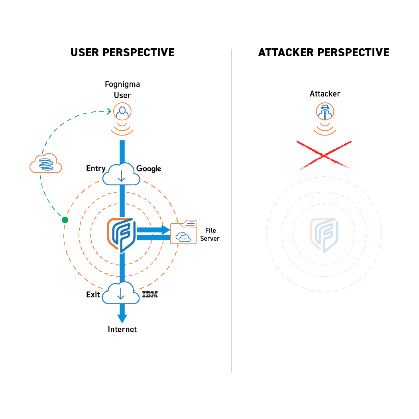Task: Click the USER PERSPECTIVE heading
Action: [122, 52]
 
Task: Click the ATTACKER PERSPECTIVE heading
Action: [324, 52]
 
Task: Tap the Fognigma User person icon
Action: [122, 112]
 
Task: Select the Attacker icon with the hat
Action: [325, 111]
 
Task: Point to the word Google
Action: [149, 169]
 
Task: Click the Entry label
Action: [96, 168]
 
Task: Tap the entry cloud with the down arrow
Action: [122, 175]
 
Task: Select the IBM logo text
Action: [150, 295]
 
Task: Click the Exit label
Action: [93, 295]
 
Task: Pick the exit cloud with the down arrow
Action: [121, 294]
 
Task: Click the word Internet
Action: [122, 329]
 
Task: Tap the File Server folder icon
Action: [183, 232]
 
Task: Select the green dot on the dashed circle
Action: [65, 220]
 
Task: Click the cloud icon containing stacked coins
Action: [46, 163]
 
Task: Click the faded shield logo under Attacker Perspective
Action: [324, 234]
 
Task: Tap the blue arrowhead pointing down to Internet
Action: [122, 318]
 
